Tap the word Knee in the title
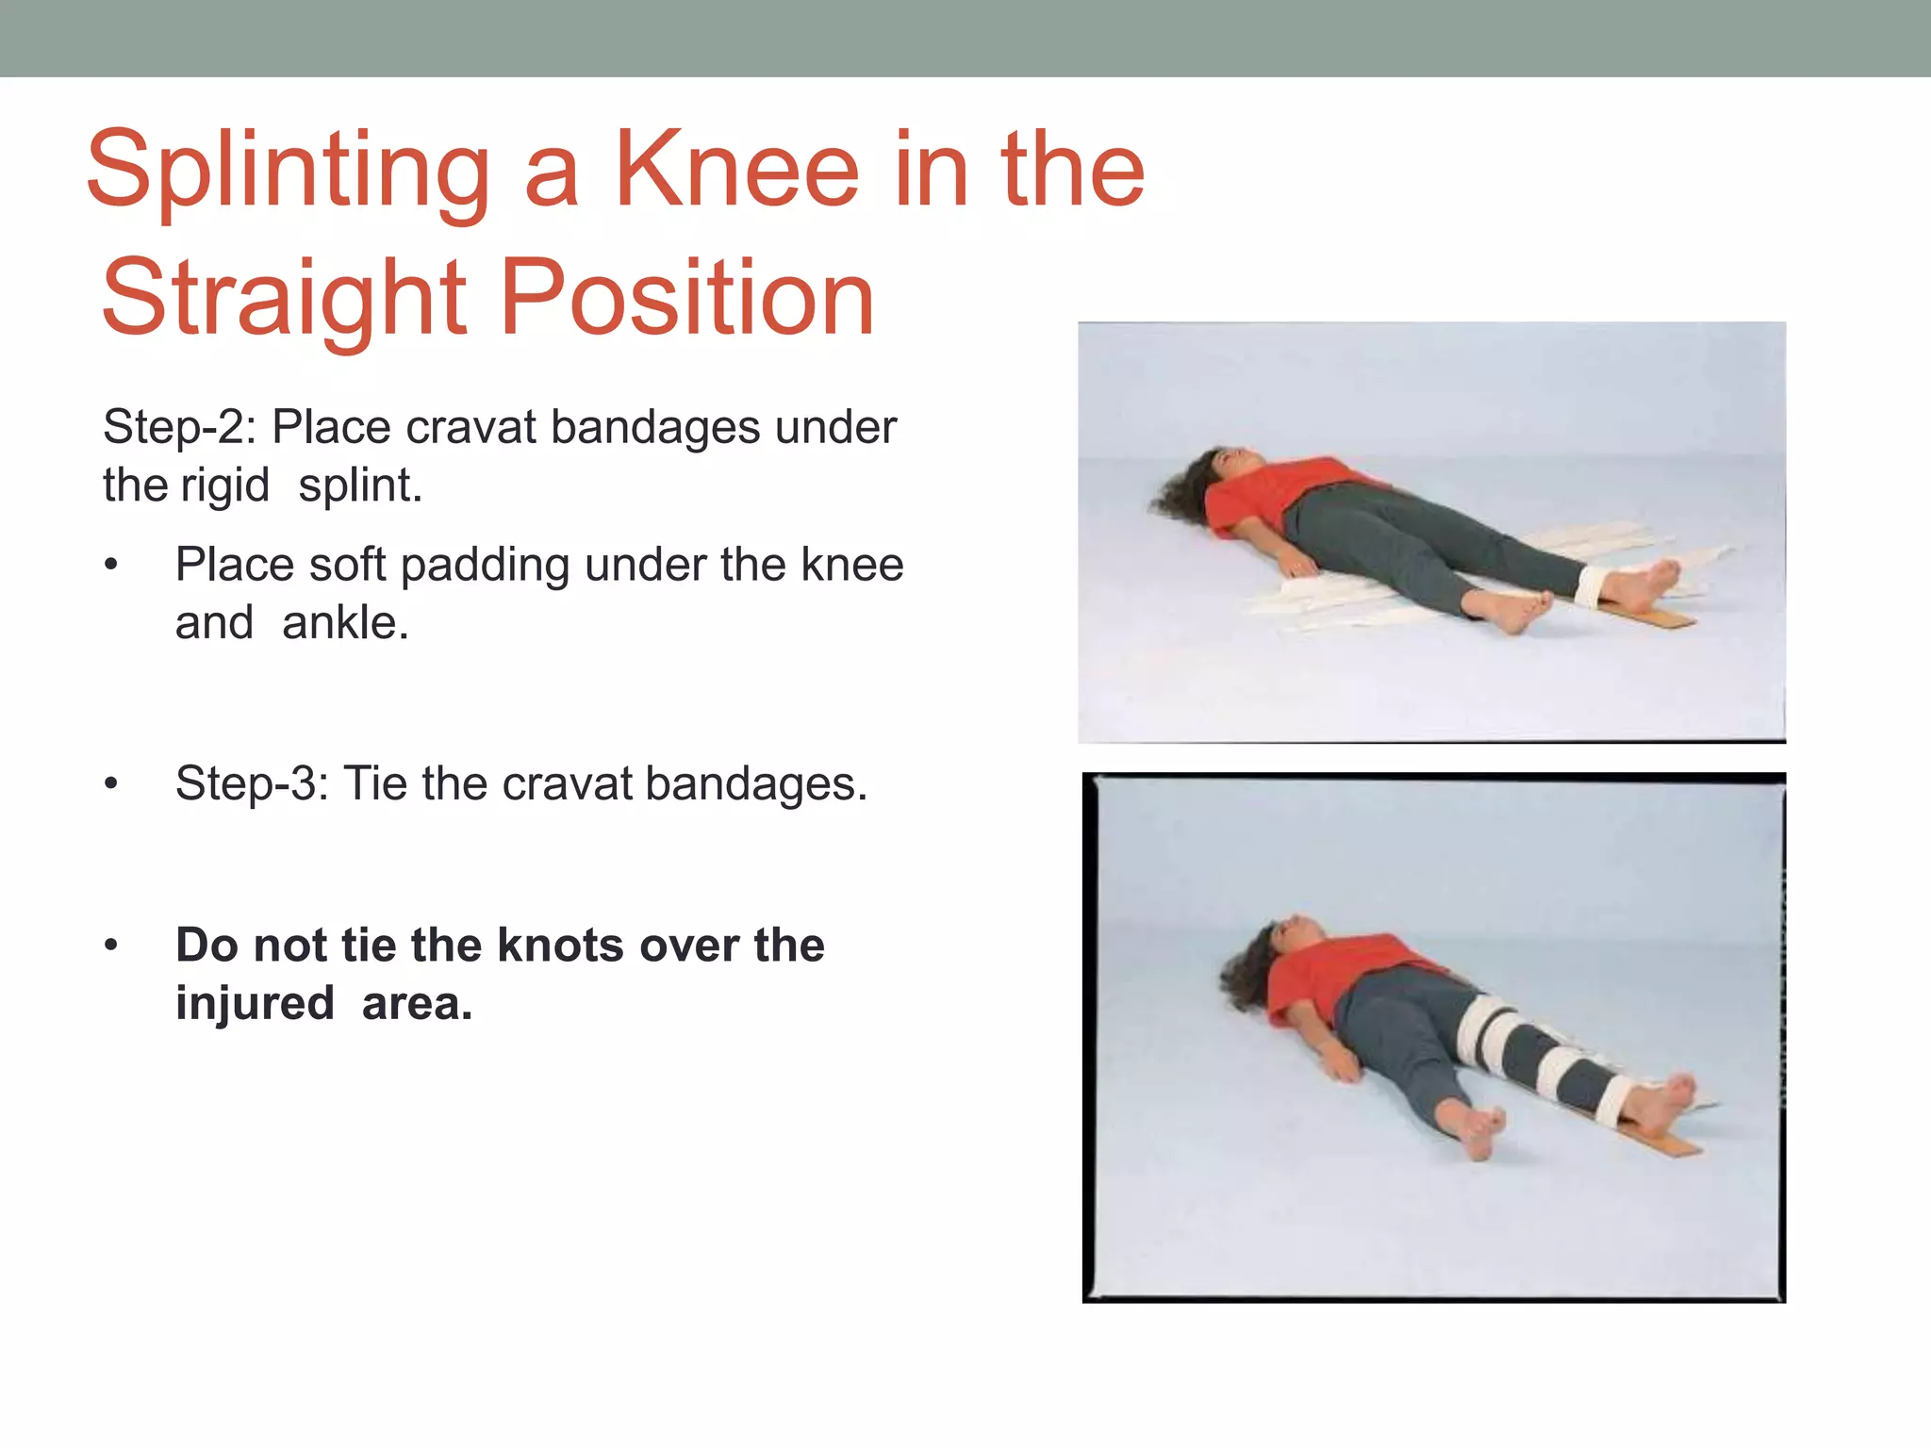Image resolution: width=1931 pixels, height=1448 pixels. [736, 170]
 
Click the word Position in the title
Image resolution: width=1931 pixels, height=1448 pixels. [687, 299]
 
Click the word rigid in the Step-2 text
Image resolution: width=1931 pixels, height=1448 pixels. [224, 485]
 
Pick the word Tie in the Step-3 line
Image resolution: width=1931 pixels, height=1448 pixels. [375, 783]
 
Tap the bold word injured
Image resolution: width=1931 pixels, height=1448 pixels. [255, 1003]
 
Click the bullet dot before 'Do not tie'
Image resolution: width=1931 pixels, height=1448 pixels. [111, 945]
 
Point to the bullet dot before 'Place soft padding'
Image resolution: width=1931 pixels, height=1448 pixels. [111, 566]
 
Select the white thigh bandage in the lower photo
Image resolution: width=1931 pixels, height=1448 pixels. [1482, 1030]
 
